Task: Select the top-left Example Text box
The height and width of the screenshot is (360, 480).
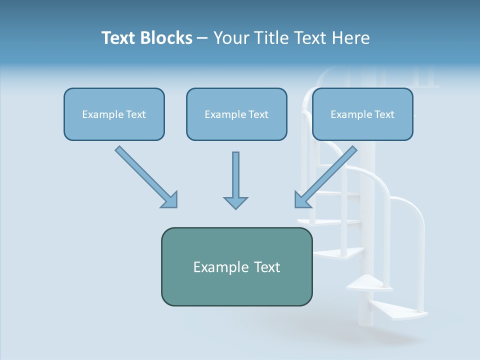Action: [x=114, y=114]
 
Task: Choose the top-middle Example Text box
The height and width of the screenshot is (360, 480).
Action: [x=236, y=114]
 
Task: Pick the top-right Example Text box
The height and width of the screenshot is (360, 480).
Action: [x=362, y=114]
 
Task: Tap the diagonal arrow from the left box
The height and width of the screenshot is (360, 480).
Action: [x=145, y=176]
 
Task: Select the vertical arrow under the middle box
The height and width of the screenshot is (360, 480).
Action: [x=235, y=175]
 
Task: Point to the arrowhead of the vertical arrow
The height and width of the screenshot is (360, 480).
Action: [x=235, y=202]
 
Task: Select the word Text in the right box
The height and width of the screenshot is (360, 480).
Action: [x=384, y=114]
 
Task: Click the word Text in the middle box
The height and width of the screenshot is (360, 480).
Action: [x=258, y=114]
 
